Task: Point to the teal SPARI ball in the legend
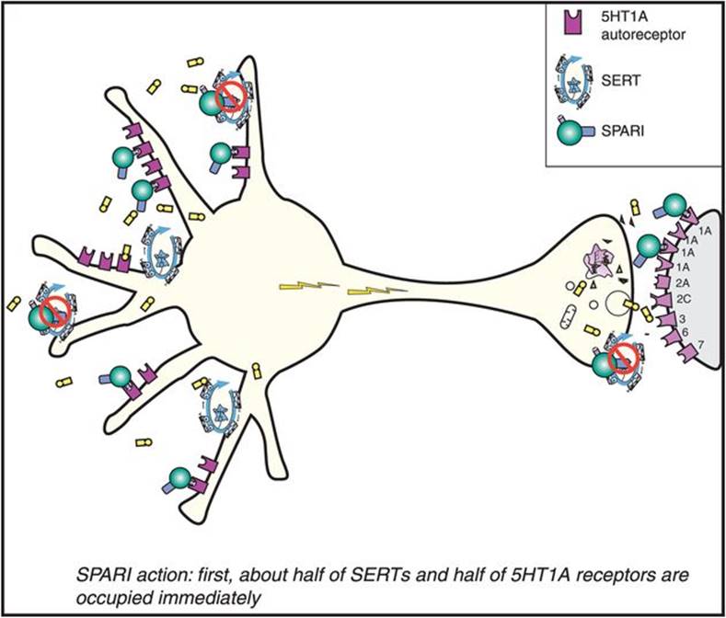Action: [x=574, y=134]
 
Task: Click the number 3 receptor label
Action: [x=682, y=318]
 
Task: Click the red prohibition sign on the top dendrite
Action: [x=227, y=95]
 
